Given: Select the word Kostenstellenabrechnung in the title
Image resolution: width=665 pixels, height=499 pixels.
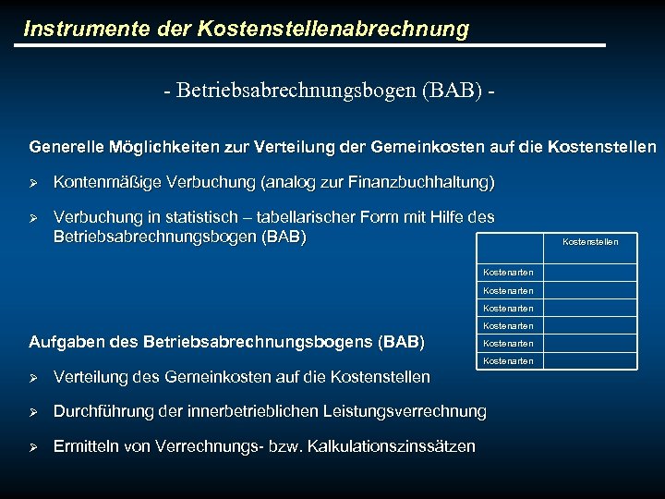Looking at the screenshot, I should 332,29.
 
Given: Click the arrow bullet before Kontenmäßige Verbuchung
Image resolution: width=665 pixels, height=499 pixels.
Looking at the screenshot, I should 34,182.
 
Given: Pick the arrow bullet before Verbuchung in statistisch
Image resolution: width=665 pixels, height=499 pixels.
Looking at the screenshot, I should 34,218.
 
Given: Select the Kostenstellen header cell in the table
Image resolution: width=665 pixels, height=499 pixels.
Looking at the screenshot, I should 590,242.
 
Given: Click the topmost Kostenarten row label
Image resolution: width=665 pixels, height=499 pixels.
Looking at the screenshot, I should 508,273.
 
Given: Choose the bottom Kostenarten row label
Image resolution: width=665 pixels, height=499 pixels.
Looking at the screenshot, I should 508,360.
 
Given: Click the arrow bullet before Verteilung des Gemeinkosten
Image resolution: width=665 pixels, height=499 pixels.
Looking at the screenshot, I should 34,377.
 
